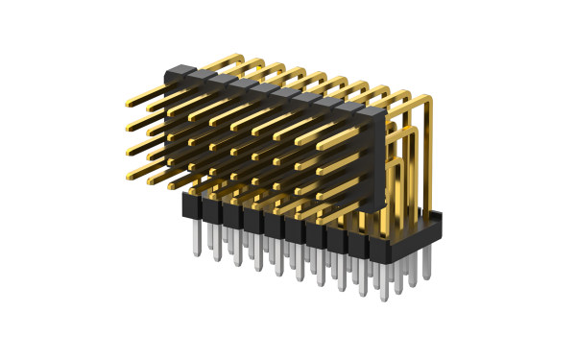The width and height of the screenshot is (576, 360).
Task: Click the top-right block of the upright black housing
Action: pyautogui.click(x=372, y=114)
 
